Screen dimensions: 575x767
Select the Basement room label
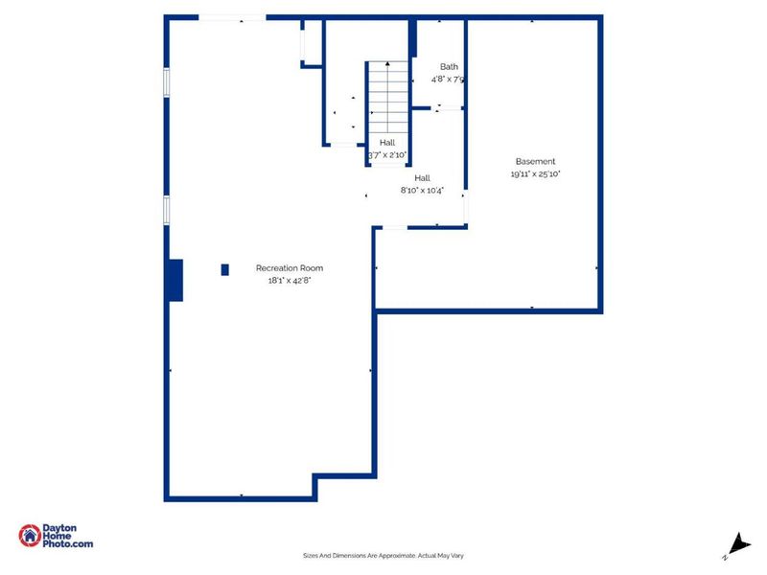point(535,162)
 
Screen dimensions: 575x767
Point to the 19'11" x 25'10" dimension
point(535,174)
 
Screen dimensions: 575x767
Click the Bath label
point(449,67)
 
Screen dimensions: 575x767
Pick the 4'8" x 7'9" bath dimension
point(449,80)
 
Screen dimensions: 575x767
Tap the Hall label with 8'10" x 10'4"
point(422,178)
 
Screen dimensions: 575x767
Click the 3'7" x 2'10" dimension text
point(388,154)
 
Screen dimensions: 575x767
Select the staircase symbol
point(388,98)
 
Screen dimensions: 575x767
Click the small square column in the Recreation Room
point(225,269)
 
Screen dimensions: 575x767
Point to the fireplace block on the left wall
point(175,280)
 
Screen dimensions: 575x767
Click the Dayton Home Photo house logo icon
point(29,536)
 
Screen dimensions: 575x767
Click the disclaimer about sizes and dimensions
point(383,556)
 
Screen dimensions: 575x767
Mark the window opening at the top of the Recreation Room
point(232,17)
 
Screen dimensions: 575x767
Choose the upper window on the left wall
point(167,82)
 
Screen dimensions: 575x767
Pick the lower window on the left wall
point(167,210)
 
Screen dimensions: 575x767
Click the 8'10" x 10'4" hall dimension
point(422,191)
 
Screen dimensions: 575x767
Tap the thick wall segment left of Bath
point(413,39)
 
